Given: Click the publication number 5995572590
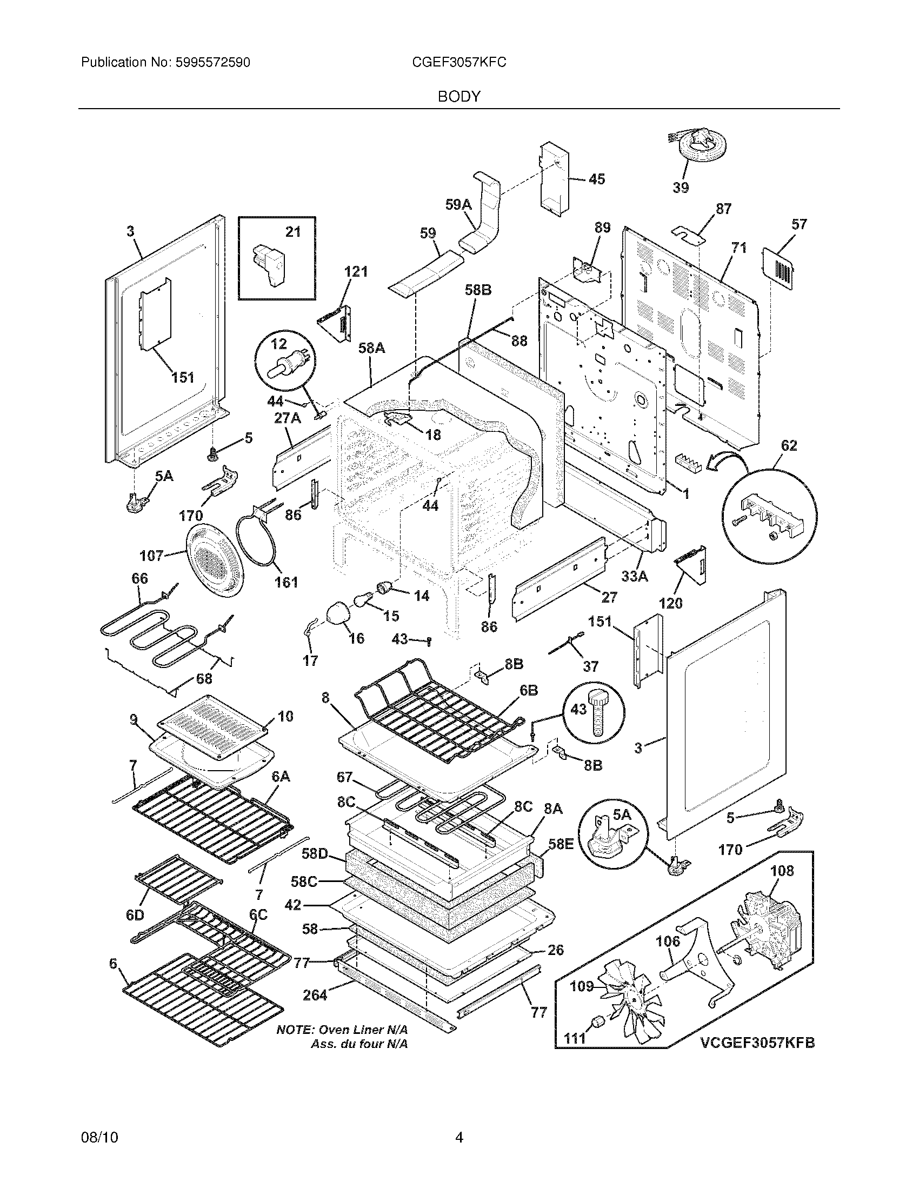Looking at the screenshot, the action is coord(212,63).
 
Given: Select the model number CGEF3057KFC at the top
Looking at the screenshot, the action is coord(459,63).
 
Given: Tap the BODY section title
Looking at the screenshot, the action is coord(459,96).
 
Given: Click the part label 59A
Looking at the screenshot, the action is coord(458,204).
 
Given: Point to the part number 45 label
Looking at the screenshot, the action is coord(597,179).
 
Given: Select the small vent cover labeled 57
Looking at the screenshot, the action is coord(777,269).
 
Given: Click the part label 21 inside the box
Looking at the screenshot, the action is coord(293,232).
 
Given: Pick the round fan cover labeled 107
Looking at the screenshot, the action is coord(216,563).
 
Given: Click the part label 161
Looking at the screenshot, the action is coord(286,582).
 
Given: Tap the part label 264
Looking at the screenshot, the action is coord(315,996).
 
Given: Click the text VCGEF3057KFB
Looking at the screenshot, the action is coord(757,1043).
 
